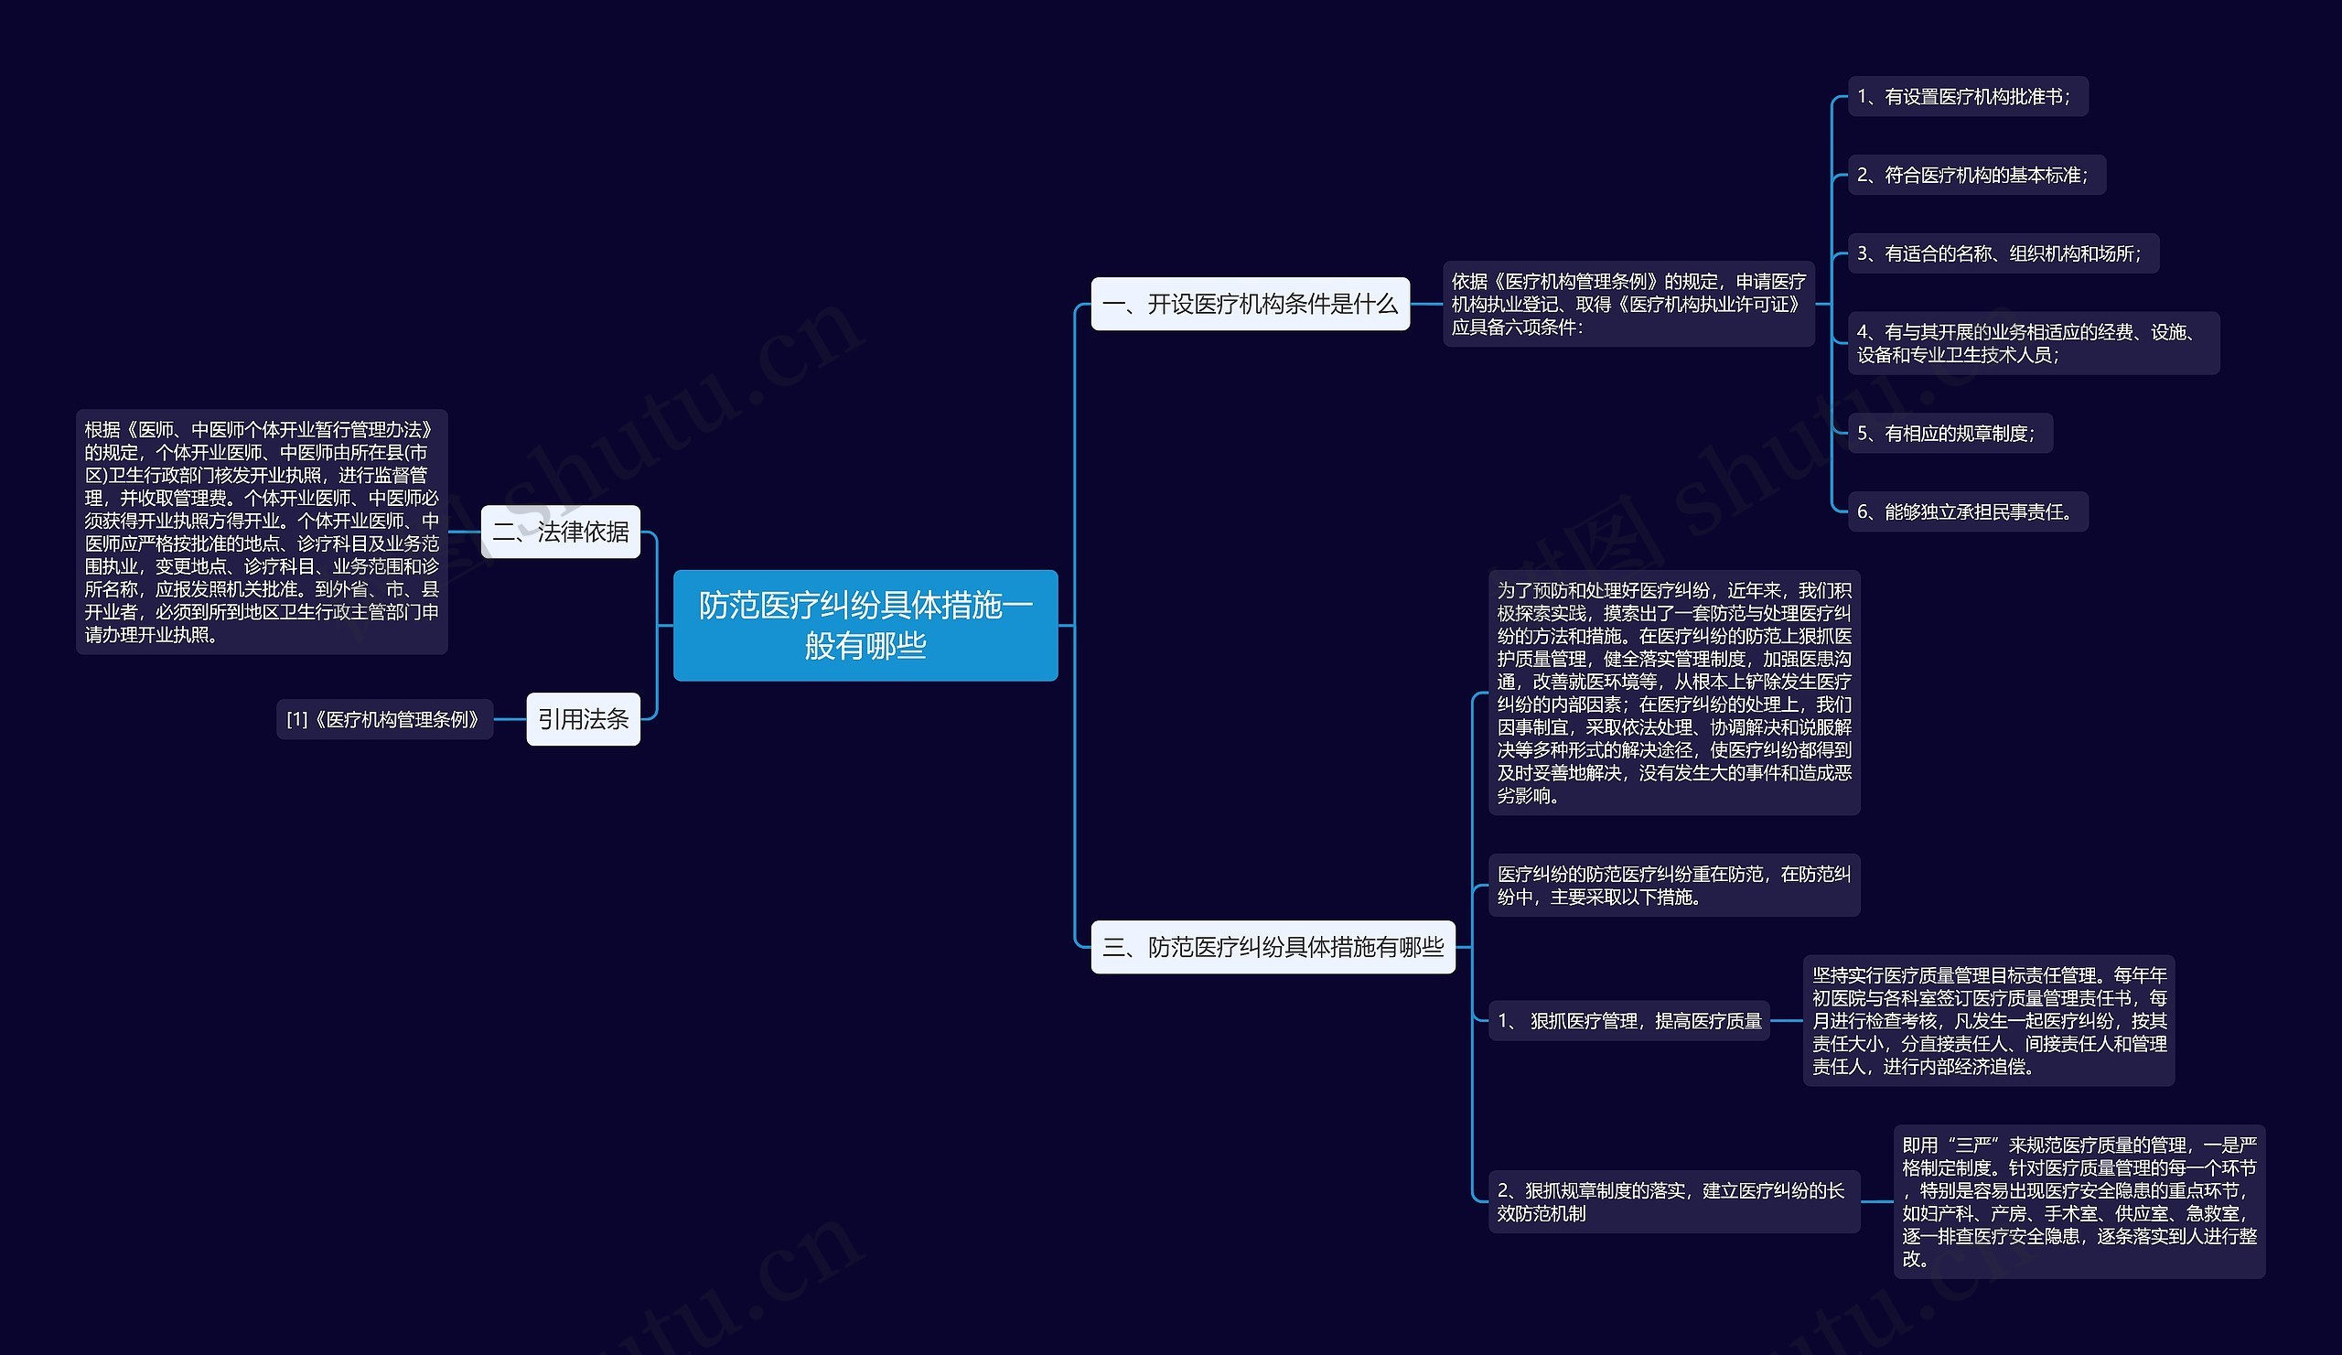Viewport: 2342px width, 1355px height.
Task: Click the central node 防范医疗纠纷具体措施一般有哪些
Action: tap(865, 626)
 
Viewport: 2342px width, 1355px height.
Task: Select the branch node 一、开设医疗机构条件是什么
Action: tap(1249, 304)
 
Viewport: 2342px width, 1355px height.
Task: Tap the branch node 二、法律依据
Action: tap(561, 532)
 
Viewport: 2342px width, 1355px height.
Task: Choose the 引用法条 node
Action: tap(583, 719)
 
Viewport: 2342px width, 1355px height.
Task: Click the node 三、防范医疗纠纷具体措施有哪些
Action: tap(1273, 947)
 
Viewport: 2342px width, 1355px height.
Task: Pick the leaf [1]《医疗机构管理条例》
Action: tap(384, 720)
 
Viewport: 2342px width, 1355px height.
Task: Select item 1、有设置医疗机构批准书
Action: tap(1967, 97)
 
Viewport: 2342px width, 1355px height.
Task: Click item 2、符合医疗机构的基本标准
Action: tap(1976, 175)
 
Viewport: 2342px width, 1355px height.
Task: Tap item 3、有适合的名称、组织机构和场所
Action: tap(2002, 253)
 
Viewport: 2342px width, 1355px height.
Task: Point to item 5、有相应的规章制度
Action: tap(1949, 433)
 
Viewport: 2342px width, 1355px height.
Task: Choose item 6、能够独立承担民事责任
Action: tap(1967, 512)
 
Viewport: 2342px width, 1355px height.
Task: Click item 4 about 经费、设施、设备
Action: tap(2033, 343)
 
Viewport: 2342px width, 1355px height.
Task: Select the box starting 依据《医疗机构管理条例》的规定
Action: tap(1628, 304)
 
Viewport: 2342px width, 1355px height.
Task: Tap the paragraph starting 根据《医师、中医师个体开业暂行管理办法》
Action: tap(261, 532)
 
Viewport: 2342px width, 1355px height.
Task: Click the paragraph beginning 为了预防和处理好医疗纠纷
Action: tap(1673, 693)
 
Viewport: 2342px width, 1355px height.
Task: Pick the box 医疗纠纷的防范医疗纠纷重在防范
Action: tap(1673, 885)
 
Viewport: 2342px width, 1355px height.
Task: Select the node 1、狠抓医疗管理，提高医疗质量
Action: tap(1628, 1020)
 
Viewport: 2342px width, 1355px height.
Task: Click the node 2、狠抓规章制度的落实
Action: tap(1673, 1201)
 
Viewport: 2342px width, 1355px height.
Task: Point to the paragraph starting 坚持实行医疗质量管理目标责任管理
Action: tap(1988, 1020)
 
